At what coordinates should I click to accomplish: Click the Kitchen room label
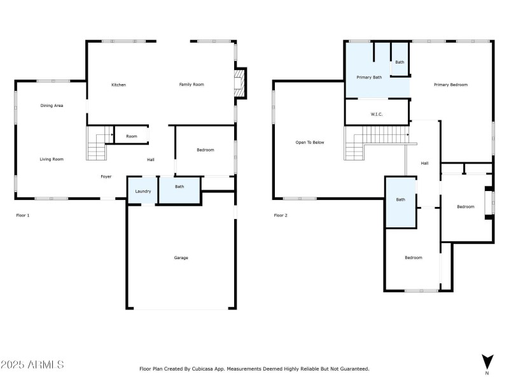click(118, 85)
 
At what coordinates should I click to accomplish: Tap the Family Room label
click(191, 85)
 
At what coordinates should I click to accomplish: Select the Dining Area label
click(52, 105)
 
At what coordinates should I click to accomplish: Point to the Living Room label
click(52, 159)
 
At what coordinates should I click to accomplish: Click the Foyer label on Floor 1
click(106, 176)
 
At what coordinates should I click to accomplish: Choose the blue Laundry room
click(143, 191)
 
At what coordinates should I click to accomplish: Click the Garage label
click(181, 258)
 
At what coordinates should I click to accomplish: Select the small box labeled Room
click(131, 136)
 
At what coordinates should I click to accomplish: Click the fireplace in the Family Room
click(239, 84)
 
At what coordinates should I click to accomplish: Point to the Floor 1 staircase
click(97, 145)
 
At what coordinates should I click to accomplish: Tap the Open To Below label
click(310, 143)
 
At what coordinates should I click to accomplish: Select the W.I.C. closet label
click(376, 115)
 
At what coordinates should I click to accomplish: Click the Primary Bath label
click(368, 77)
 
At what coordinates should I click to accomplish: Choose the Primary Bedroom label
click(451, 85)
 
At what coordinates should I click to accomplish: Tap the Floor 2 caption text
click(281, 216)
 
